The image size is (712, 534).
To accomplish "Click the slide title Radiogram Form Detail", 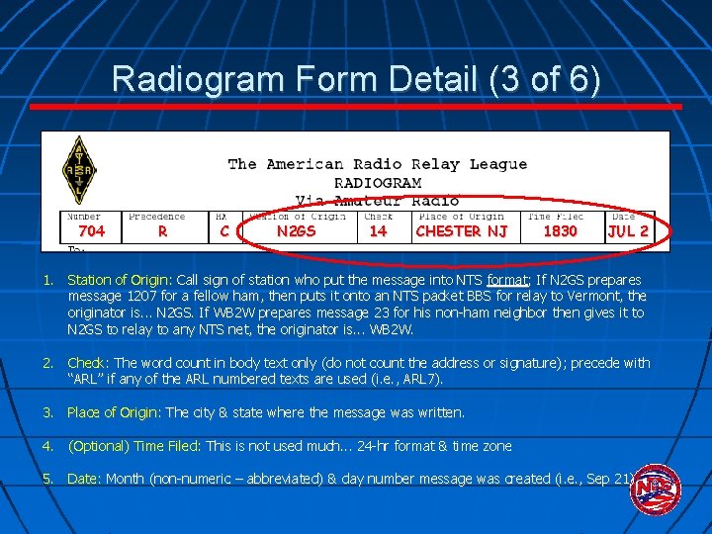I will (355, 78).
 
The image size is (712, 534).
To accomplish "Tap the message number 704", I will (91, 231).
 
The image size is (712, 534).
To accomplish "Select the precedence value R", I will (162, 231).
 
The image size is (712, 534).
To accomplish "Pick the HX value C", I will (224, 231).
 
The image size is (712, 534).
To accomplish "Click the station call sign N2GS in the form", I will (296, 231).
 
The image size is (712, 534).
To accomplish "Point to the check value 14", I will (378, 231).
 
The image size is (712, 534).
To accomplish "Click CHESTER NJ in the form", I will (462, 231).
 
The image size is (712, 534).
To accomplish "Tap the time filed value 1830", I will (560, 231).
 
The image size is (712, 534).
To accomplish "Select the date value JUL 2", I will (628, 231).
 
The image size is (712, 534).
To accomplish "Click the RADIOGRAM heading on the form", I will (378, 183).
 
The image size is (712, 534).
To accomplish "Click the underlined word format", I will (506, 280).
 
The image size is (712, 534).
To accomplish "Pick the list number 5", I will (46, 479).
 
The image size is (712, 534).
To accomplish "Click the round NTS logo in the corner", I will (655, 489).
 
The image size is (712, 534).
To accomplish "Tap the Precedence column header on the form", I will (156, 217).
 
